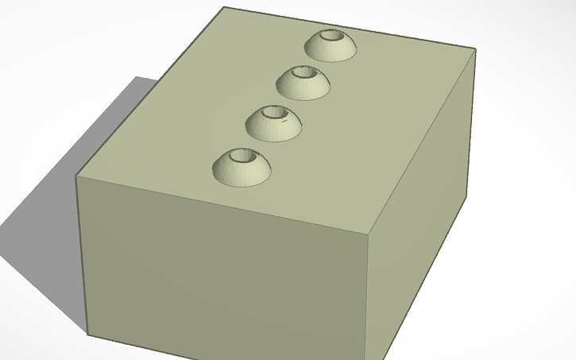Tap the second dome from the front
273,126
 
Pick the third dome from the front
303,84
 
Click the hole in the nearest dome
242,157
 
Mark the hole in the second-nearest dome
274,114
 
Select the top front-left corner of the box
77,176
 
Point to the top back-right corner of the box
475,50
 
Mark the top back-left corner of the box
224,7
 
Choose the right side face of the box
421,207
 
